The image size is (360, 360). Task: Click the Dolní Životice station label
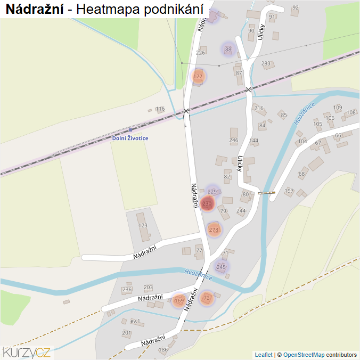pyautogui.click(x=130, y=138)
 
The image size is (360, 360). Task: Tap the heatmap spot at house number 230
pyautogui.click(x=207, y=203)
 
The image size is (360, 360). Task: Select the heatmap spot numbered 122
pyautogui.click(x=198, y=76)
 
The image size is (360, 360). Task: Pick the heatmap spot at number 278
pyautogui.click(x=214, y=230)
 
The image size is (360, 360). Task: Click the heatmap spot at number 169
pyautogui.click(x=179, y=301)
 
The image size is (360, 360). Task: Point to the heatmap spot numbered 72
pyautogui.click(x=207, y=298)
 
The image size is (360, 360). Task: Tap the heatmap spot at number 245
pyautogui.click(x=222, y=267)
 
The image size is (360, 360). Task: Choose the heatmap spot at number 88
pyautogui.click(x=228, y=50)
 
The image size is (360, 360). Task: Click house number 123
pyautogui.click(x=143, y=225)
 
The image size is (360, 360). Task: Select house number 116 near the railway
pyautogui.click(x=160, y=109)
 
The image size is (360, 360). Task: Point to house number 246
pyautogui.click(x=233, y=140)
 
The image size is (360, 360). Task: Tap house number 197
pyautogui.click(x=289, y=190)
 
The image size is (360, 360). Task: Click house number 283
pyautogui.click(x=266, y=64)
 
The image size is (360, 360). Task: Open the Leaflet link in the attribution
pyautogui.click(x=264, y=355)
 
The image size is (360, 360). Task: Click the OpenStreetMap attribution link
pyautogui.click(x=304, y=355)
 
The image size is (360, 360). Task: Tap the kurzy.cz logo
pyautogui.click(x=27, y=351)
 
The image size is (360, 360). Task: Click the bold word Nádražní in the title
pyautogui.click(x=35, y=9)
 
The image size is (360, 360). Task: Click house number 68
pyautogui.click(x=302, y=174)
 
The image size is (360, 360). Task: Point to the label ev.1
pyautogui.click(x=135, y=321)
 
